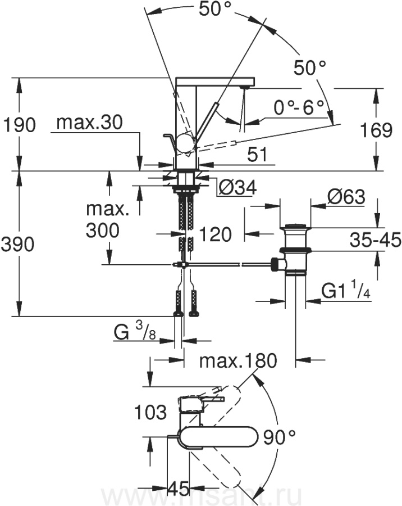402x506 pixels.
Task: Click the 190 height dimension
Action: coord(19,125)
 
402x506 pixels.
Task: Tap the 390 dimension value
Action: coord(17,244)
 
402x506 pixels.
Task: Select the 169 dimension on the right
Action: coord(376,130)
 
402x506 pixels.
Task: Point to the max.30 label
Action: coord(89,123)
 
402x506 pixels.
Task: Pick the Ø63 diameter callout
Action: coord(346,197)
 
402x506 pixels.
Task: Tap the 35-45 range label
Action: coord(376,240)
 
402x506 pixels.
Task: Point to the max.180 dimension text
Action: coord(238,361)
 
